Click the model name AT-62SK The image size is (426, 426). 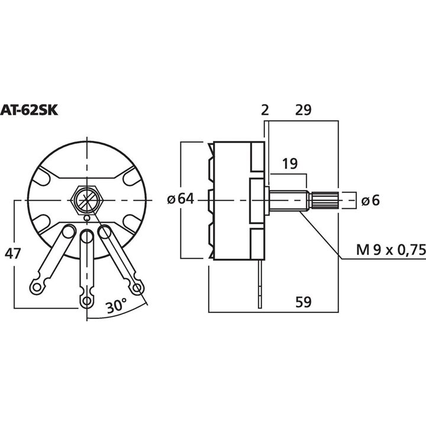coord(29,111)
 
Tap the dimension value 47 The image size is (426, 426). coord(13,254)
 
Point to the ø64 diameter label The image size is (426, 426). coord(180,199)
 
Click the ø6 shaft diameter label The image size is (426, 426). coord(370,201)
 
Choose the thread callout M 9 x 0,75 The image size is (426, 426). coord(390,250)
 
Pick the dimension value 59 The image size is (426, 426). coord(303,302)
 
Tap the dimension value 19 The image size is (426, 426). coord(290,163)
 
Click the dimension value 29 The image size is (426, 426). coord(303,110)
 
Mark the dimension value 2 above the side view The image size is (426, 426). coord(265,110)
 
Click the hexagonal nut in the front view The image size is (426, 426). coord(87,201)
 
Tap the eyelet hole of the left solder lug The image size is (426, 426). coord(37,287)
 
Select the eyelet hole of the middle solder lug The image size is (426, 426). coord(86,301)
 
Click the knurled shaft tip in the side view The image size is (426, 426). coord(324,201)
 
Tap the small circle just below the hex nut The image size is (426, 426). coord(87,218)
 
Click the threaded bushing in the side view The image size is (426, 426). coord(289,201)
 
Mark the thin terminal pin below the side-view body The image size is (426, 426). coord(260,284)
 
